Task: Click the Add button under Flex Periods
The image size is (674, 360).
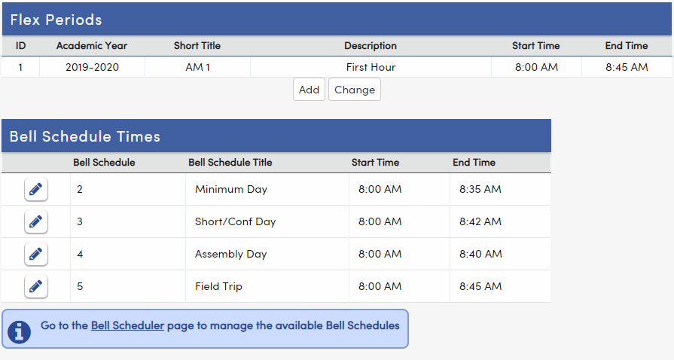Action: [x=309, y=90]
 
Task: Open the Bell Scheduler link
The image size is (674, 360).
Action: [x=127, y=326]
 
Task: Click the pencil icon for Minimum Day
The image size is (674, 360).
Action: [x=35, y=190]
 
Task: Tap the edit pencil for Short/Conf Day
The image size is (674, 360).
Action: [x=35, y=222]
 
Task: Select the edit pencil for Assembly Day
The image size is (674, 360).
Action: [x=35, y=255]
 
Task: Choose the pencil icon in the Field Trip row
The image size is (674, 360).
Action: [x=35, y=287]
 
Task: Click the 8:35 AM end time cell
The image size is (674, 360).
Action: [x=480, y=189]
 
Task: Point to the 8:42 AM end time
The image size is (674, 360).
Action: [x=480, y=221]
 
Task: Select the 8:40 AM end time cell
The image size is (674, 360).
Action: [x=480, y=254]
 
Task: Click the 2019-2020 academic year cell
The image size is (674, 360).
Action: [x=92, y=67]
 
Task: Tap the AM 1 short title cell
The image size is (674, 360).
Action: [x=197, y=67]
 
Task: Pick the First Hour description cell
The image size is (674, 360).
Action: [x=371, y=67]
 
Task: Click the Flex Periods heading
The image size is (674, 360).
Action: [x=56, y=20]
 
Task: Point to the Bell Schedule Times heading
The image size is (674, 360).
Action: [x=85, y=136]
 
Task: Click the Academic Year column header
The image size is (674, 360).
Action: [x=92, y=46]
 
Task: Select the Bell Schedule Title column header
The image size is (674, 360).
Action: [x=230, y=162]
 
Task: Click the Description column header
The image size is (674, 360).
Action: [x=371, y=46]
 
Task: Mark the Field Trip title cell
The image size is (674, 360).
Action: [x=218, y=286]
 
